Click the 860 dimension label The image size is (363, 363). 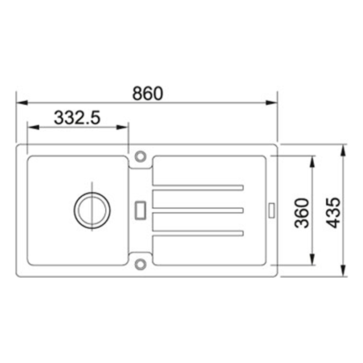(x=148, y=93)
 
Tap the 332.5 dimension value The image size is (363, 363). (x=77, y=118)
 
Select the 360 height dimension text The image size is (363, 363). (x=302, y=213)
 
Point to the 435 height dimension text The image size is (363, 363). (x=333, y=213)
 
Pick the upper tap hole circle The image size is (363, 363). (x=140, y=156)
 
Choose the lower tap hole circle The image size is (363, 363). (x=140, y=264)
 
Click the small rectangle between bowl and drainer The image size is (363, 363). (x=140, y=210)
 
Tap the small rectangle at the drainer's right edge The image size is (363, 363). (x=272, y=210)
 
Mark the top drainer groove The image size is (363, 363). (x=198, y=188)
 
